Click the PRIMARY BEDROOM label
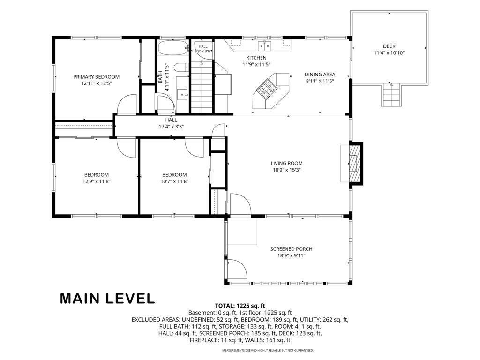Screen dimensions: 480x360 96,77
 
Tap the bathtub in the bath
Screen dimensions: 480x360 172,47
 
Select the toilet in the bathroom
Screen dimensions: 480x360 181,67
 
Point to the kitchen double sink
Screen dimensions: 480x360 265,45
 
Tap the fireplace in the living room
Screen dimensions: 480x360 352,164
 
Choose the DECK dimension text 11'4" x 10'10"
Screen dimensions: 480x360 389,53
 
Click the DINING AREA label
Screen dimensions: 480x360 320,75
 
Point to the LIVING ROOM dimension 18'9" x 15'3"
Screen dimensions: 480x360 286,170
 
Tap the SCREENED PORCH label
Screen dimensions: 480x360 291,249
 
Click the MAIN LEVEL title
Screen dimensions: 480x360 107,299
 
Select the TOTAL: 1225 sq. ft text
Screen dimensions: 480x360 240,306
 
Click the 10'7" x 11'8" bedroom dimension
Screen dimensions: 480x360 174,181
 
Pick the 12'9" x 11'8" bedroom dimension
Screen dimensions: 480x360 97,181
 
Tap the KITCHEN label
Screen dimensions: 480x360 256,58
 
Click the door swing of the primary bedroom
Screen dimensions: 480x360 127,104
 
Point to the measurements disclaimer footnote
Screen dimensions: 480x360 268,350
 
